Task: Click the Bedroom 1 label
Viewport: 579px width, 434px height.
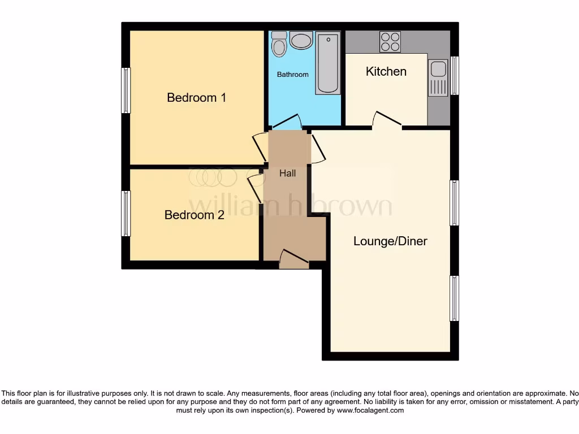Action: (x=196, y=98)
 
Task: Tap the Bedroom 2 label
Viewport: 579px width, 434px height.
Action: (x=194, y=215)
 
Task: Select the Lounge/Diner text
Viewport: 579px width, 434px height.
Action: (x=390, y=241)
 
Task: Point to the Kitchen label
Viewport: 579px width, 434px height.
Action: (x=386, y=71)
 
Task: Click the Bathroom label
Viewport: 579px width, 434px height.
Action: (x=292, y=75)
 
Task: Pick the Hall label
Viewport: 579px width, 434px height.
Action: (x=287, y=173)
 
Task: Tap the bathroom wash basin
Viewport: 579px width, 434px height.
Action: (x=301, y=41)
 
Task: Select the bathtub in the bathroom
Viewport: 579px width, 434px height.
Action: (x=328, y=63)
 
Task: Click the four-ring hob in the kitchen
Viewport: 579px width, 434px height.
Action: (x=390, y=42)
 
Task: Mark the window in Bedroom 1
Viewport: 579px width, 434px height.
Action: (x=126, y=90)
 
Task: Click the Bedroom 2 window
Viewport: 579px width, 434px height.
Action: (x=126, y=214)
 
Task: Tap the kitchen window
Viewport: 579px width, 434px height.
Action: (x=454, y=75)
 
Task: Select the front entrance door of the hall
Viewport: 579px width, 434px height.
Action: (x=294, y=258)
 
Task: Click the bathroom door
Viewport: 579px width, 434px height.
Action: (x=286, y=122)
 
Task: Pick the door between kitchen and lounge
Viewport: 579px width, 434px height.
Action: (x=387, y=120)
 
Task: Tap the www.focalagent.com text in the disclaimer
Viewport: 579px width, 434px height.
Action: (x=371, y=411)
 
